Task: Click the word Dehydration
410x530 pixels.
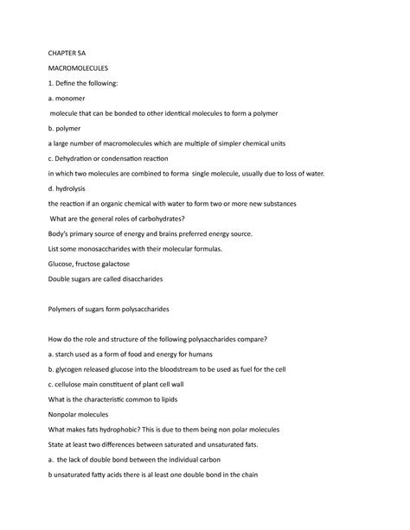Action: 86,159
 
